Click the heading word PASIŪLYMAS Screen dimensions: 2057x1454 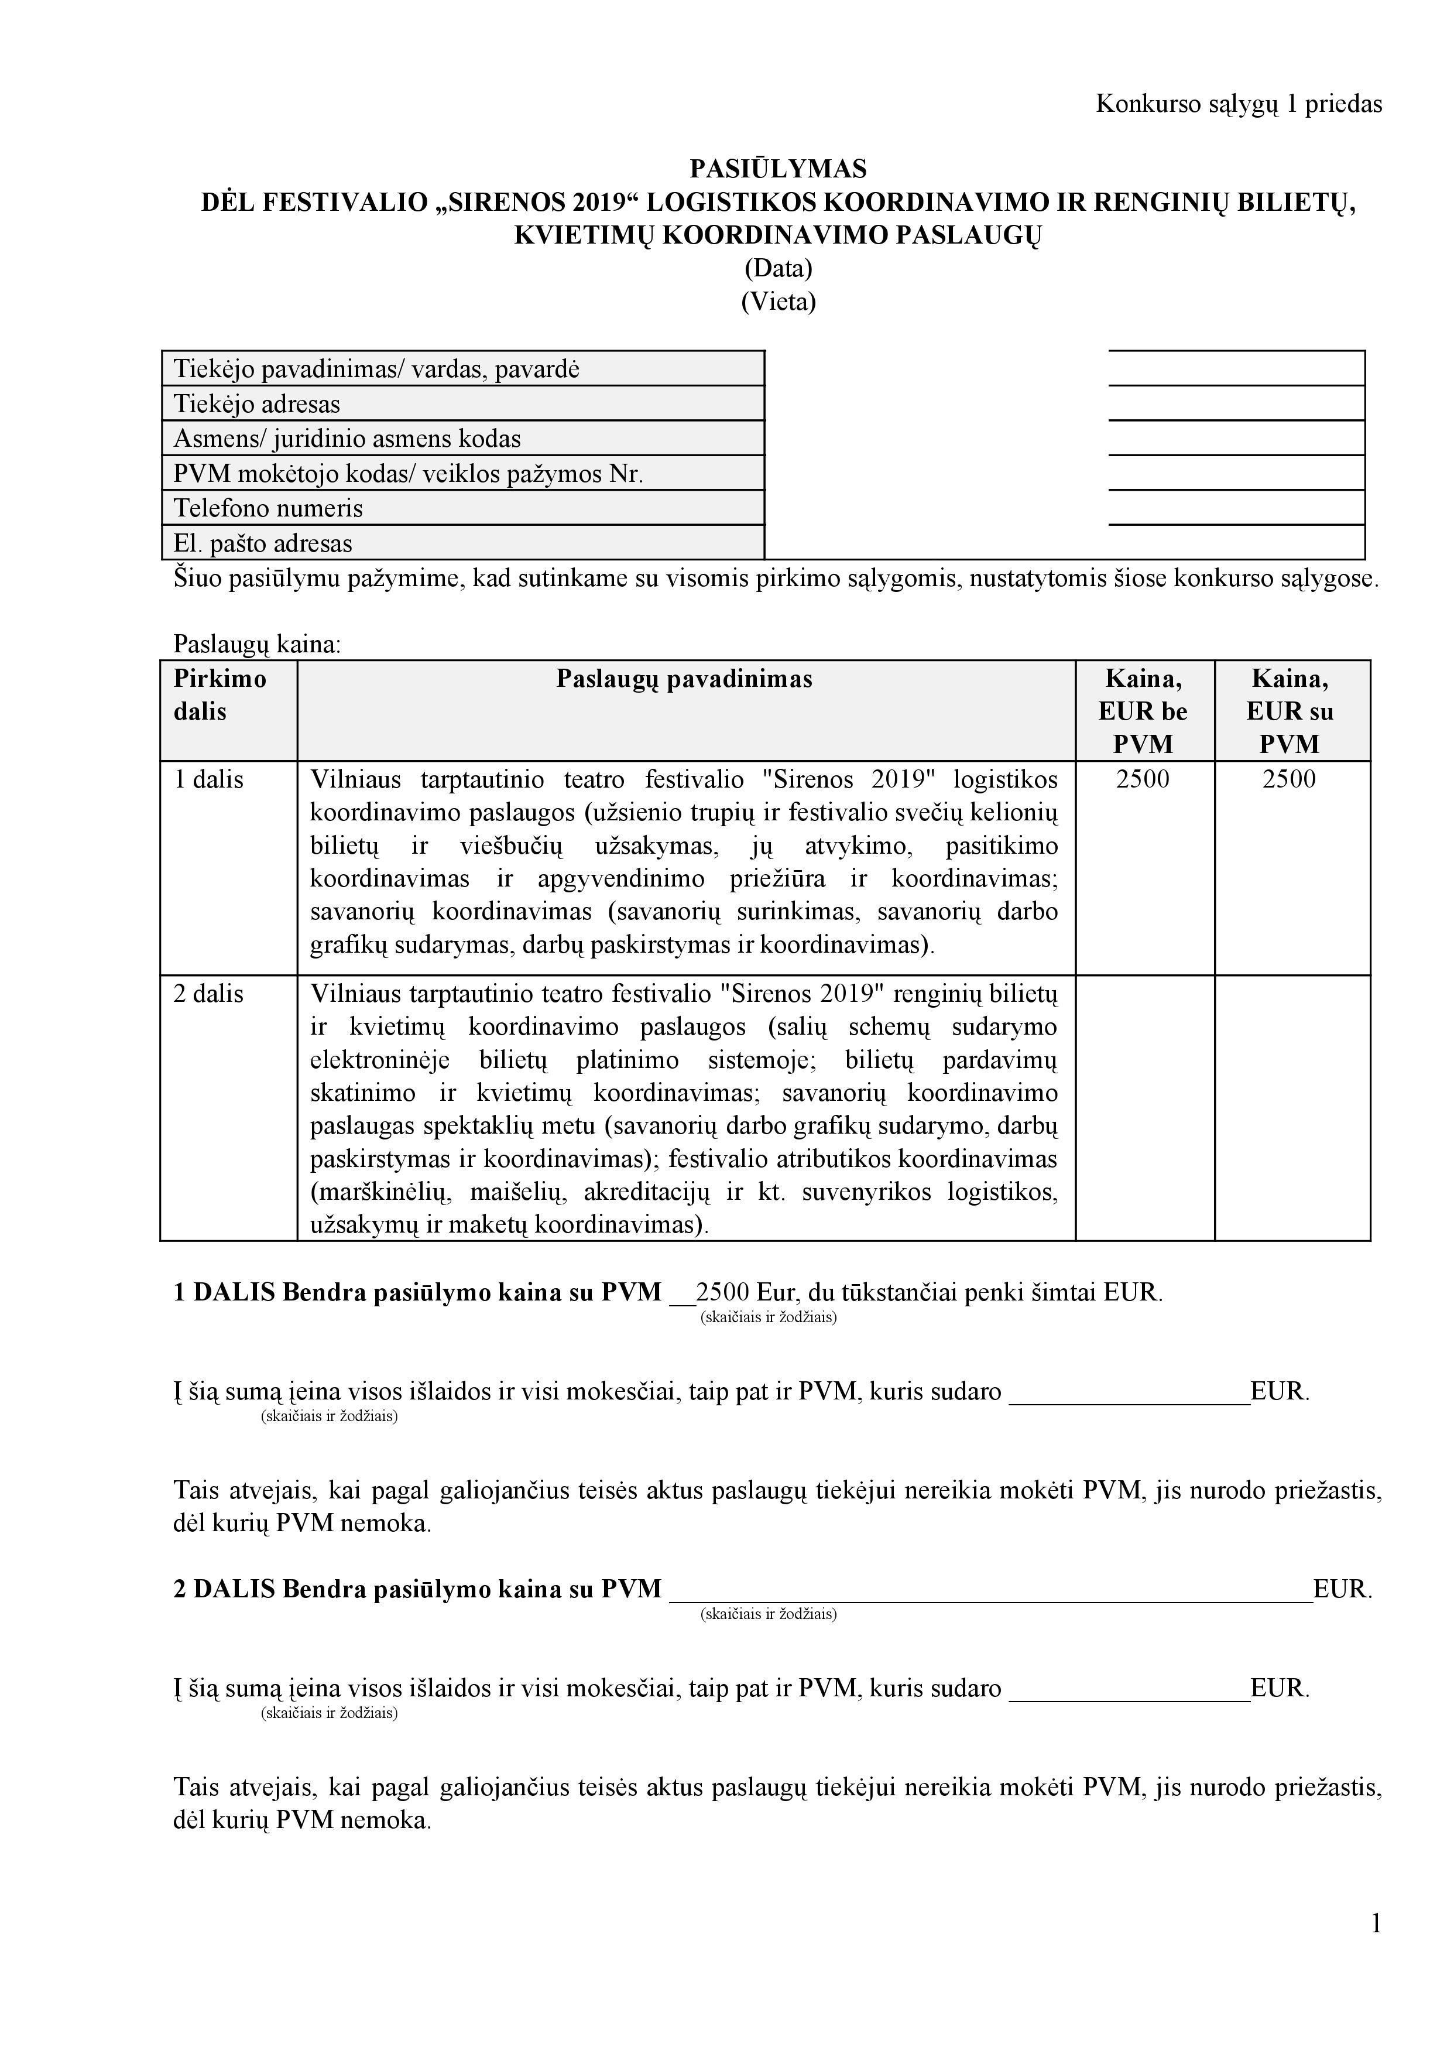(777, 169)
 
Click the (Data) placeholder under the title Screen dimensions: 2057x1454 (777, 268)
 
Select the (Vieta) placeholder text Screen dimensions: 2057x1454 (777, 301)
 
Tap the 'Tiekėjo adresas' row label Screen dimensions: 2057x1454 (257, 404)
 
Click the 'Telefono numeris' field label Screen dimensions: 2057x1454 (268, 508)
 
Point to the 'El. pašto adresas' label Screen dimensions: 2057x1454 (262, 543)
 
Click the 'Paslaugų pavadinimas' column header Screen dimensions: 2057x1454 (684, 679)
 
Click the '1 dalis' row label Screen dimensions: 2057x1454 (209, 779)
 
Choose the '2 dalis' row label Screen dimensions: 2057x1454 (209, 994)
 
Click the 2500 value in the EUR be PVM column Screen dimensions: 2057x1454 (1143, 779)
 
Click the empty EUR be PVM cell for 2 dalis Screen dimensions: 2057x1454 (1144, 1107)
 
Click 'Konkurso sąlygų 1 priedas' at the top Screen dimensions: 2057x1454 (1238, 104)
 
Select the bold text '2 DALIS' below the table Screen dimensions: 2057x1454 (224, 1589)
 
